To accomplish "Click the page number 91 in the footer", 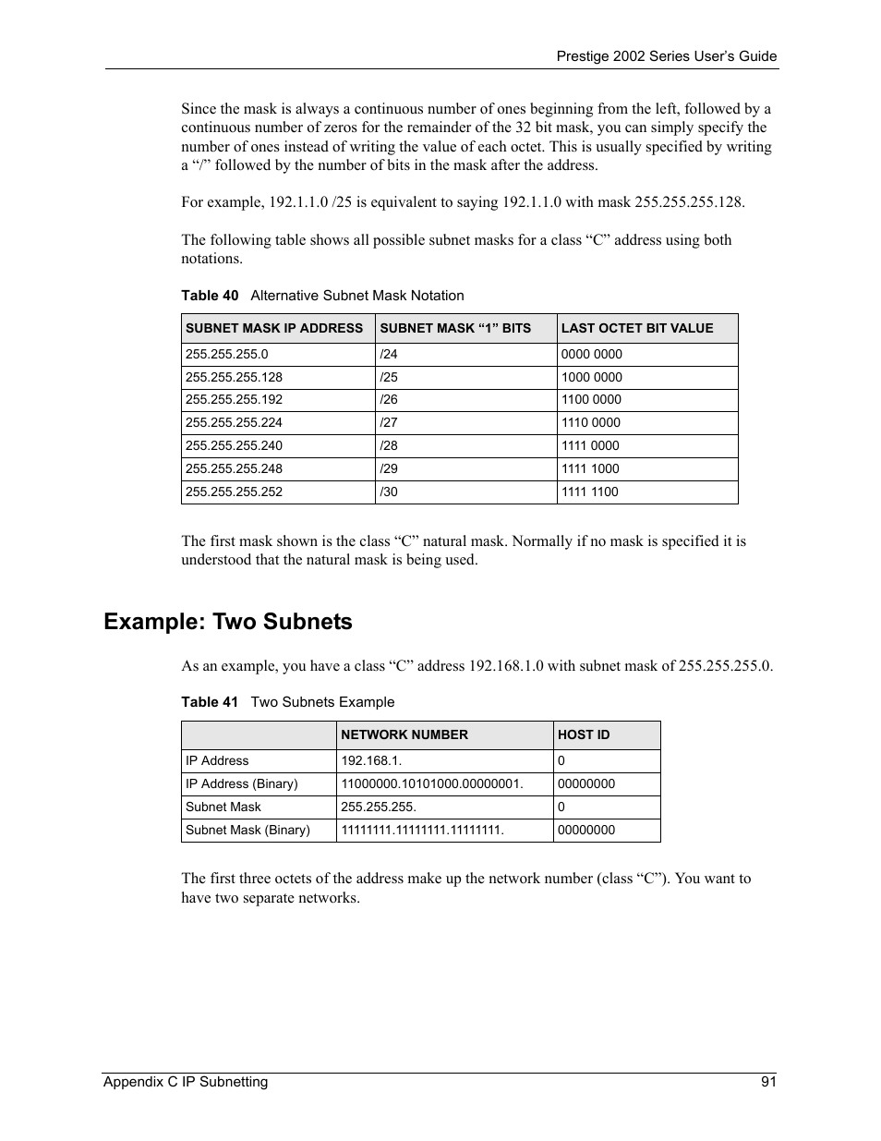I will [768, 1082].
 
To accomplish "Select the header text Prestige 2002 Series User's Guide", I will [666, 56].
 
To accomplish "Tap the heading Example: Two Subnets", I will [228, 622].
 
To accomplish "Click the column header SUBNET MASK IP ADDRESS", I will [274, 328].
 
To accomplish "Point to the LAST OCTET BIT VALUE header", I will [637, 328].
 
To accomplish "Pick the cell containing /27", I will [389, 422].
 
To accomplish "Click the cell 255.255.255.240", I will [234, 445].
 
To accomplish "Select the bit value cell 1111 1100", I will [590, 492].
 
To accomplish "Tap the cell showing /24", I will [389, 354].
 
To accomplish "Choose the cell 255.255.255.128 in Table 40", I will [234, 377].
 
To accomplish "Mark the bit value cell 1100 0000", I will [591, 399].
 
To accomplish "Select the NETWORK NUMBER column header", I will [404, 734].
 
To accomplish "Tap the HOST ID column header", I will [584, 734].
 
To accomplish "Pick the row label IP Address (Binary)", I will [242, 783].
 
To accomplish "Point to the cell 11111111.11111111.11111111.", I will [422, 830].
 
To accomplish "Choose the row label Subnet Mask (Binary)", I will [247, 830].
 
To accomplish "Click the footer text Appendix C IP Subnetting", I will [186, 1082].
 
